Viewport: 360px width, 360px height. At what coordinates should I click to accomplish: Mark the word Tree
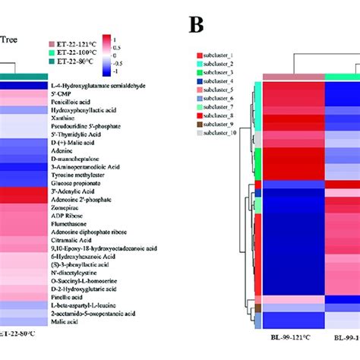tap(13, 43)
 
